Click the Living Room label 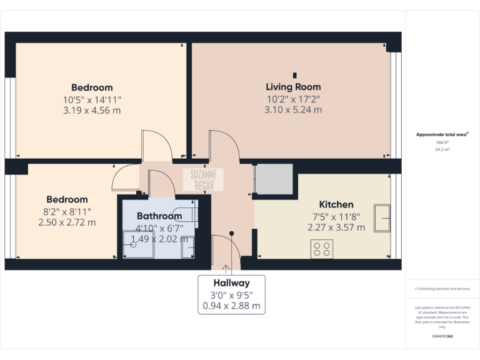(293, 87)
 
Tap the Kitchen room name (336, 204)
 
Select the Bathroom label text (159, 216)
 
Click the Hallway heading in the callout (231, 282)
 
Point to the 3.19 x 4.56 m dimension (92, 111)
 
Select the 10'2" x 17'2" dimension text (293, 99)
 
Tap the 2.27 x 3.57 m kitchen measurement (336, 227)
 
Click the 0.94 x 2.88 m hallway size (231, 306)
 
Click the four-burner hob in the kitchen (322, 249)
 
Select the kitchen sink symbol (382, 218)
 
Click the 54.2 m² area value (442, 150)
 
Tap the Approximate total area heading (441, 134)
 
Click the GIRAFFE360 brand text (442, 337)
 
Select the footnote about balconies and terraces (442, 289)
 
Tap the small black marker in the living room (294, 75)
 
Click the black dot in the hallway (231, 233)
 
